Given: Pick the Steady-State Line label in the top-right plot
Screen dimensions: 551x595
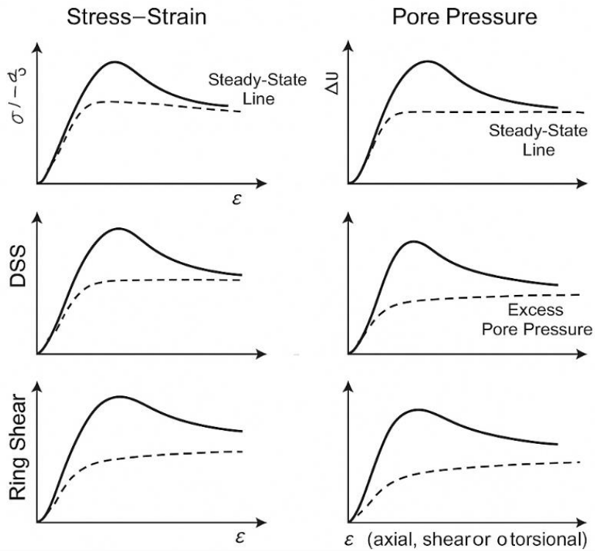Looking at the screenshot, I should click(538, 140).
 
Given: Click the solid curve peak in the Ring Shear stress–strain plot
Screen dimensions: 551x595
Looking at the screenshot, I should click(118, 397).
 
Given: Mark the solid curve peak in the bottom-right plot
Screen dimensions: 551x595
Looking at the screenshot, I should click(416, 410).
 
